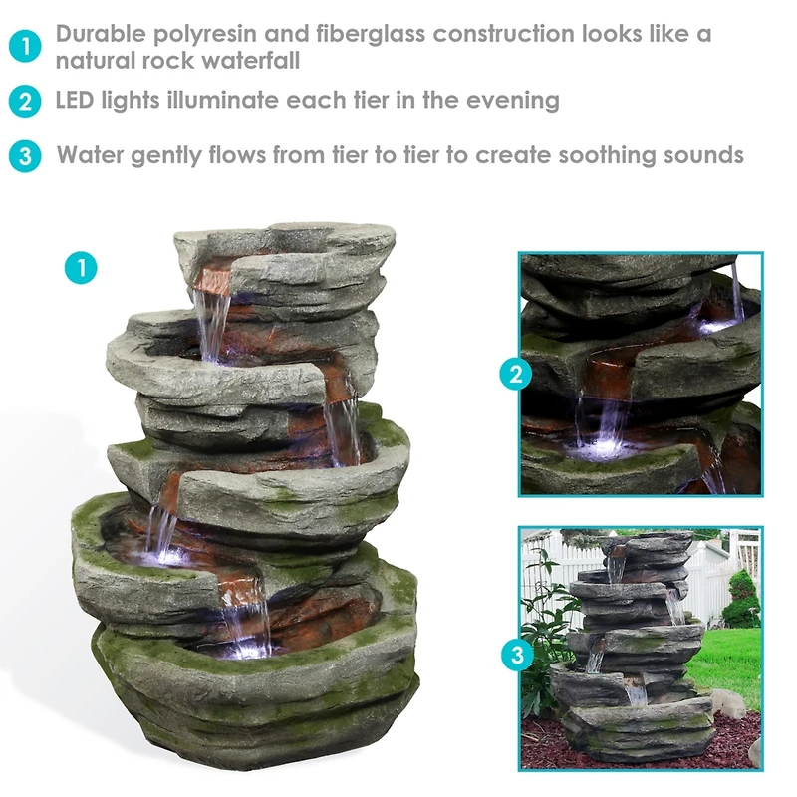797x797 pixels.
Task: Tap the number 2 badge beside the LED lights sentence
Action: (26, 102)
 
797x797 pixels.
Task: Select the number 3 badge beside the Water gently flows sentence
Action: (26, 157)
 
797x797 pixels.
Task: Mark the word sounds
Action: (707, 156)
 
